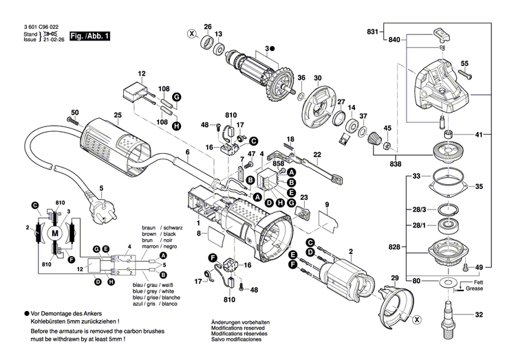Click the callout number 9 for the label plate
(327, 204)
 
